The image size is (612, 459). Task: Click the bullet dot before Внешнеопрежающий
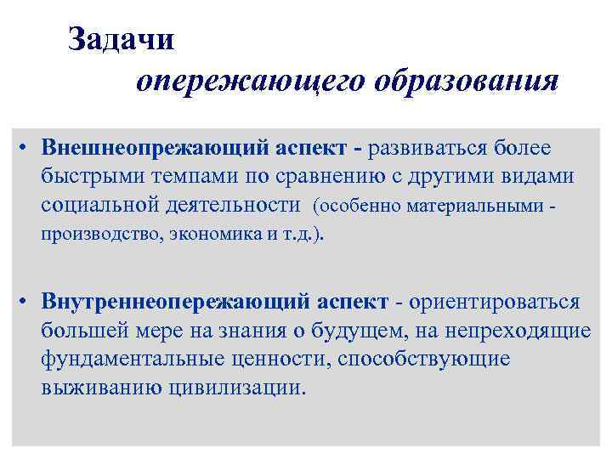coord(28,147)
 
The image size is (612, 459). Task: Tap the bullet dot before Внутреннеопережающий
coord(28,303)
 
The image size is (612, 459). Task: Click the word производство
coord(94,235)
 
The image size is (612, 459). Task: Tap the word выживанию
coord(90,388)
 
